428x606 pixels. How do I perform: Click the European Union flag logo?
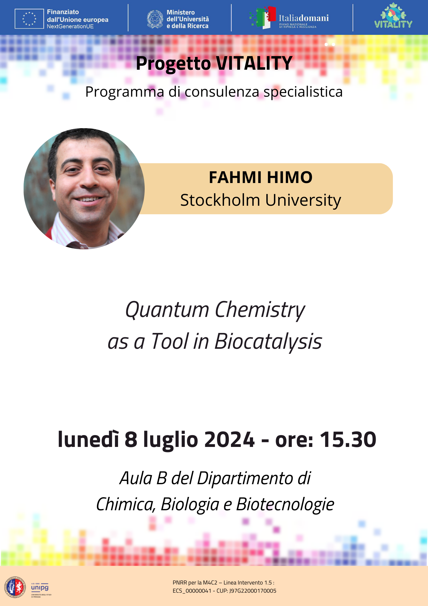(x=29, y=19)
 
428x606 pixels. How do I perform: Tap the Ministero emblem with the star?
(x=155, y=19)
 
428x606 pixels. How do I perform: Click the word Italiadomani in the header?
(x=304, y=18)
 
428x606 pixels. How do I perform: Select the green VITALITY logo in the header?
(x=393, y=16)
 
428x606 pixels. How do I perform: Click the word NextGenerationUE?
(x=70, y=26)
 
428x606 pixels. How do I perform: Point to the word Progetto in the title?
(x=173, y=64)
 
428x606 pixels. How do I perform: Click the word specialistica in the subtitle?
(x=303, y=92)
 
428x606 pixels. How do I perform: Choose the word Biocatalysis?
(x=268, y=342)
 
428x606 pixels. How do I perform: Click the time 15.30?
(x=348, y=440)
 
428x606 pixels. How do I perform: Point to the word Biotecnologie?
(x=285, y=505)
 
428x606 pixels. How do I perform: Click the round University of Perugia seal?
(x=15, y=587)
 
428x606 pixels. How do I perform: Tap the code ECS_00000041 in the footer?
(x=192, y=591)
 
